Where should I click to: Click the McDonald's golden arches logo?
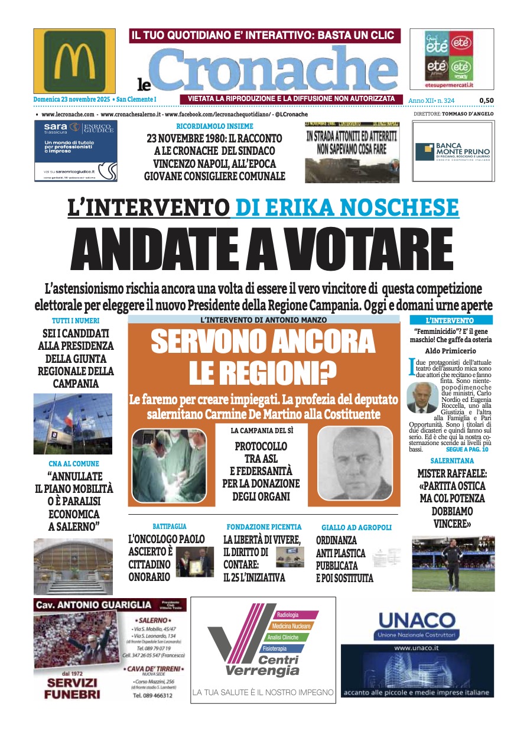[x=74, y=60]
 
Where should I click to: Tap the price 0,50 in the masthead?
[x=486, y=100]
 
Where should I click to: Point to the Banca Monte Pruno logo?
[x=453, y=151]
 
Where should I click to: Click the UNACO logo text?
[x=416, y=622]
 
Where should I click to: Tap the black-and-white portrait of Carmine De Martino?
[x=354, y=463]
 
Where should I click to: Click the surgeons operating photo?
[x=169, y=465]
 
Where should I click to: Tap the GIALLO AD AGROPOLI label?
[x=356, y=527]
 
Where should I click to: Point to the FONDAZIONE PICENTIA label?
[x=264, y=527]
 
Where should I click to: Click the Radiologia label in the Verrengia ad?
[x=288, y=615]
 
